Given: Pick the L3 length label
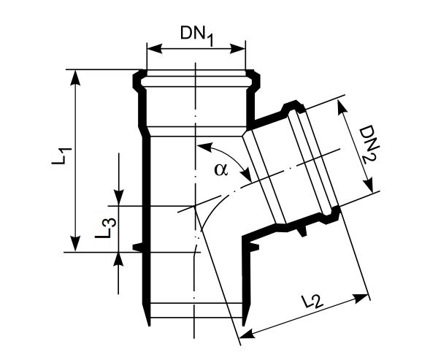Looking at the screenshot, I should (104, 229).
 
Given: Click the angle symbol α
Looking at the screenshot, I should (221, 169).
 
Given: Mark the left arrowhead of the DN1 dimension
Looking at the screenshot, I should (151, 50).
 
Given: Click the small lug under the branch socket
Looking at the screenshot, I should (301, 231).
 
